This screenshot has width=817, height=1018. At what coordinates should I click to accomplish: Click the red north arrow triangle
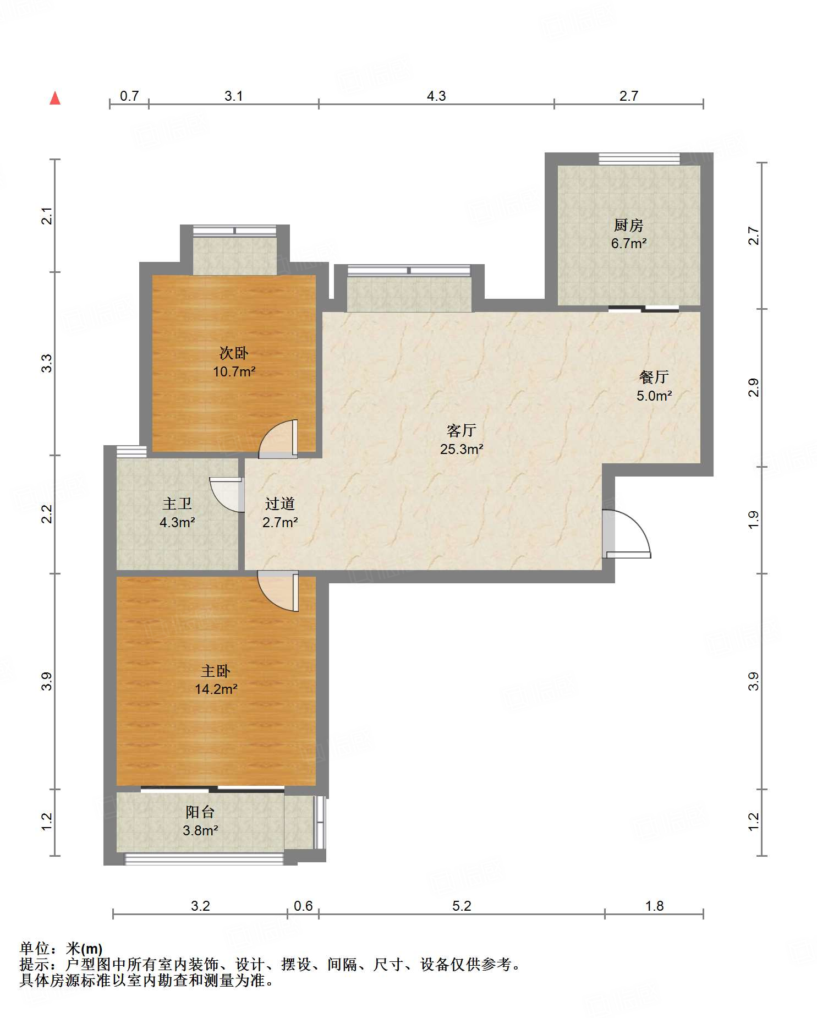click(55, 98)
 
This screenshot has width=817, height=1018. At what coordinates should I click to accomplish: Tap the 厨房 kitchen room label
click(628, 225)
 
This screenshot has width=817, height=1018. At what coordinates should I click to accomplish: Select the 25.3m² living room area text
click(462, 449)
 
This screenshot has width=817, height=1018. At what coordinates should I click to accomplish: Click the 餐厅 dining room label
click(654, 377)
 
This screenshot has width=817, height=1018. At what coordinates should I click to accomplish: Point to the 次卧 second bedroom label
click(234, 353)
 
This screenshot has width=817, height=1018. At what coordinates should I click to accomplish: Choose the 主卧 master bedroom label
click(216, 671)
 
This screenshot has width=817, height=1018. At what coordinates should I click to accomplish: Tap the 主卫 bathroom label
click(177, 503)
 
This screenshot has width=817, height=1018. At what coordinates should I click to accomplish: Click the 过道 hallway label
click(280, 503)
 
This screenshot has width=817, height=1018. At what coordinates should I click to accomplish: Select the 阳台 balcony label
click(200, 812)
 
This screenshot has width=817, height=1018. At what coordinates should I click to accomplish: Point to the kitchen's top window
click(639, 159)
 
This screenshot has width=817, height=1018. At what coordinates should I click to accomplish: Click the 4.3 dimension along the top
click(436, 96)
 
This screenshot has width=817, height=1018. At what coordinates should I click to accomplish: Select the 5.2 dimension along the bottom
click(462, 906)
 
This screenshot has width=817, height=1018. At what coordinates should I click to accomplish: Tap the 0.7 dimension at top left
click(129, 96)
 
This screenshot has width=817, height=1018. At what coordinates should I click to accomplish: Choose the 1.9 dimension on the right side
click(754, 520)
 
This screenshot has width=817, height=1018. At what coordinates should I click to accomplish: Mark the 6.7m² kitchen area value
click(629, 243)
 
